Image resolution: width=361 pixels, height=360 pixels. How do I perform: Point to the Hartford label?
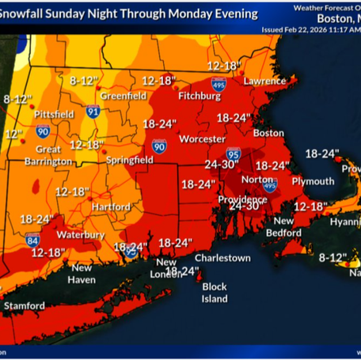[x=112, y=207]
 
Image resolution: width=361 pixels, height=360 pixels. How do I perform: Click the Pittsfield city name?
[x=55, y=115]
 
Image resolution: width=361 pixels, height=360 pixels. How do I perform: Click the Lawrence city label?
[x=264, y=81]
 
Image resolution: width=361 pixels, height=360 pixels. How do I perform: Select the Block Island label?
[x=215, y=293]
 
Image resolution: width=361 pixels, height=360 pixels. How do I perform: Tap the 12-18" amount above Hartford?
[x=71, y=191]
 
